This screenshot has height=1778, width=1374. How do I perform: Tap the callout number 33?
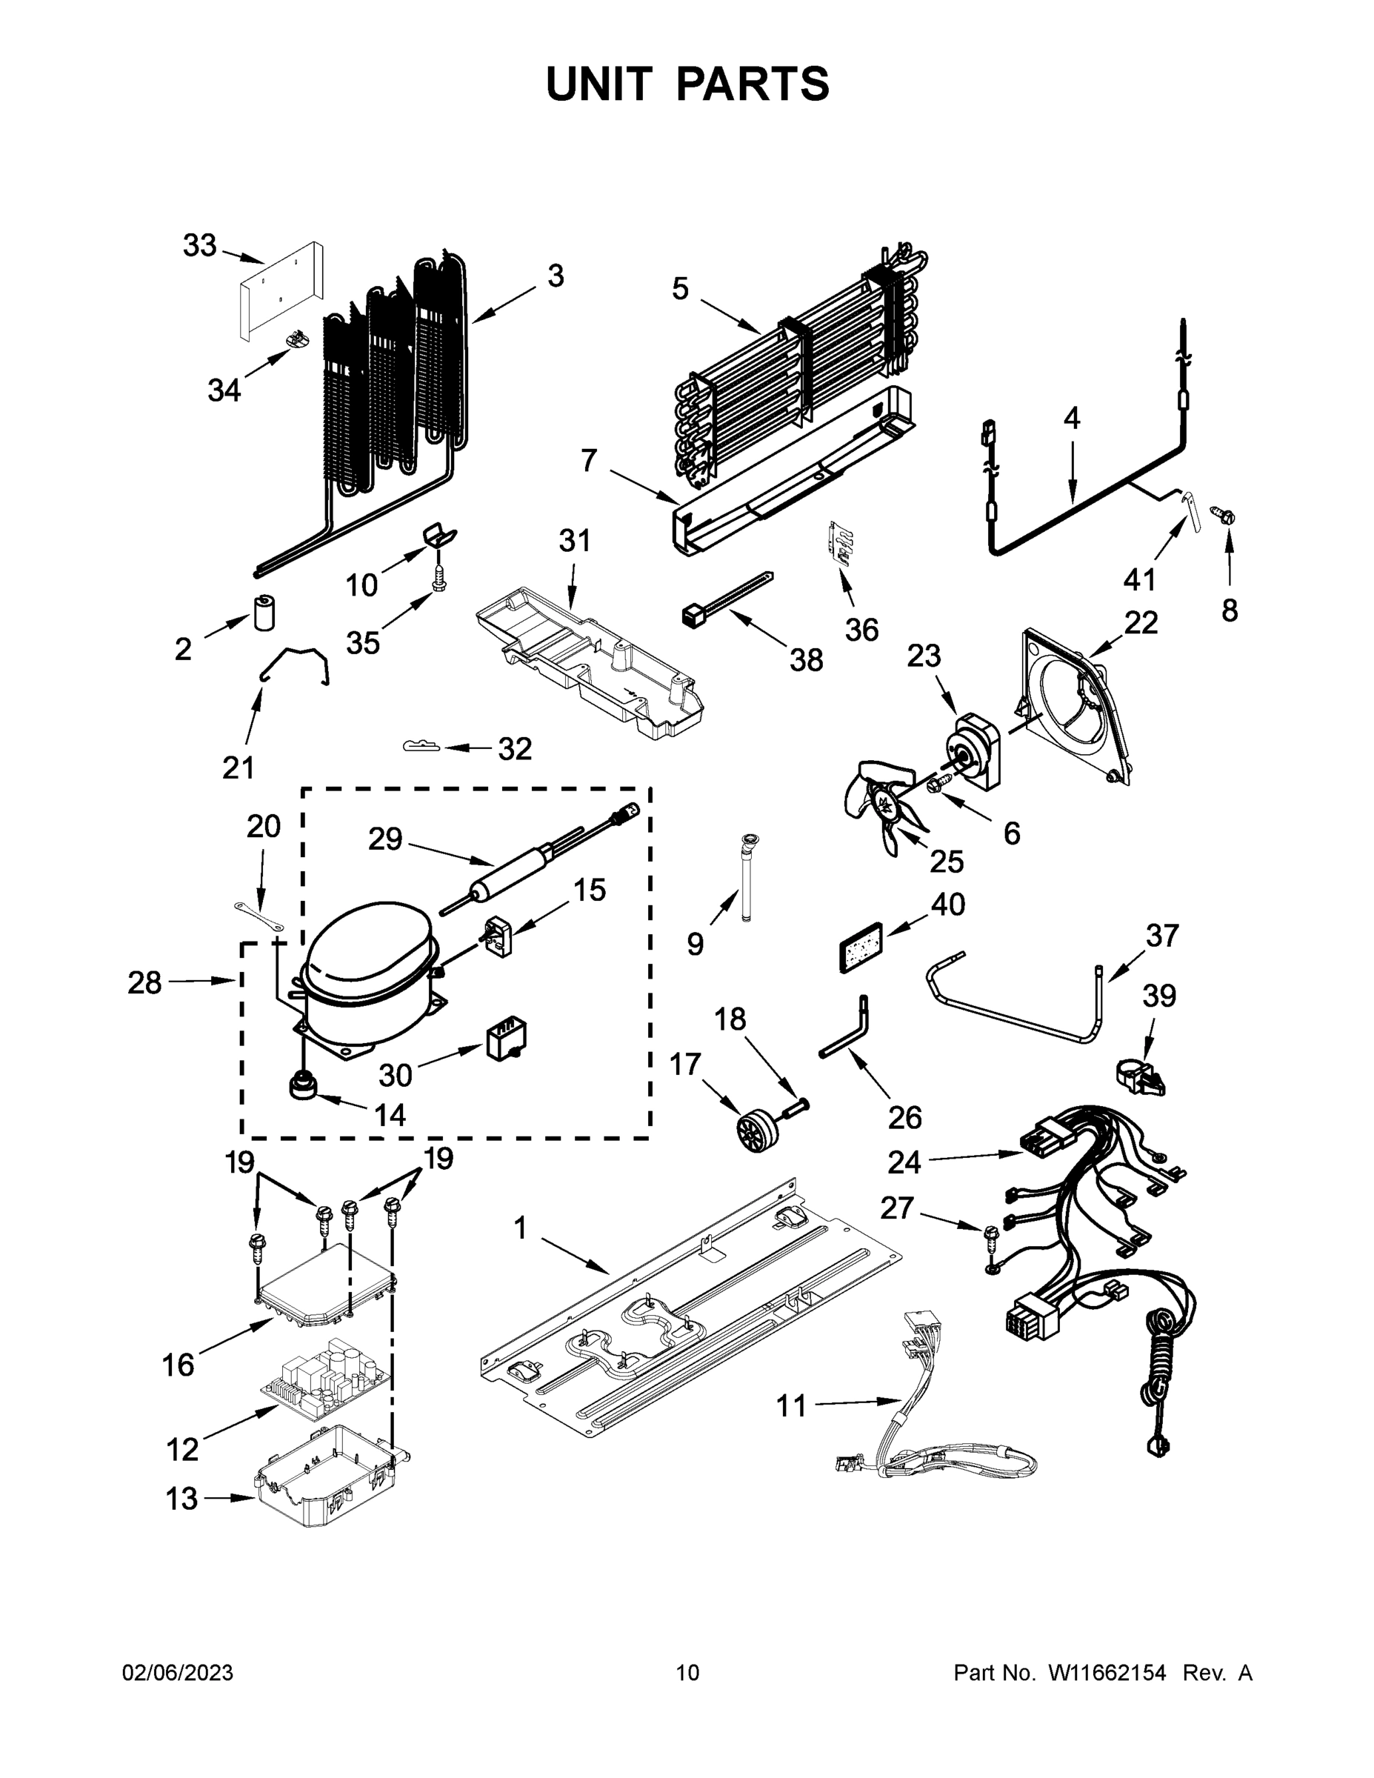tap(199, 245)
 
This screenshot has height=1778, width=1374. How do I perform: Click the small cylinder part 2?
tap(264, 613)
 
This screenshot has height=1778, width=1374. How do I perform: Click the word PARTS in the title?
tap(753, 84)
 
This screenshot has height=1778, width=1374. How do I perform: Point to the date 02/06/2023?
tap(178, 1672)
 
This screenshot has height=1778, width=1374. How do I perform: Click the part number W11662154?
tap(1107, 1672)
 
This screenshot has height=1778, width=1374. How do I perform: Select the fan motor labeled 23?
tap(973, 749)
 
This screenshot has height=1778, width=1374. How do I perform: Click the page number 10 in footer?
tap(688, 1672)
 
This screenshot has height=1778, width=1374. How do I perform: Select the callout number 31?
tap(575, 541)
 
